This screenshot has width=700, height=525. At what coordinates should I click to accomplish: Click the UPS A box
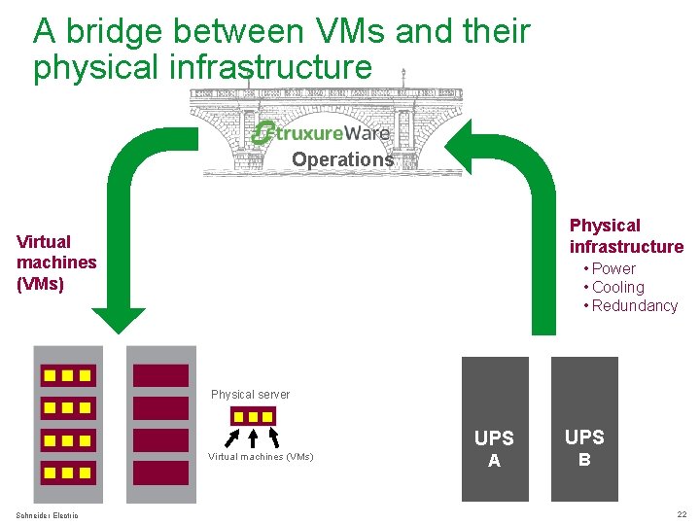(x=495, y=429)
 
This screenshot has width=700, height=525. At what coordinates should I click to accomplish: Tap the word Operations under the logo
(x=342, y=159)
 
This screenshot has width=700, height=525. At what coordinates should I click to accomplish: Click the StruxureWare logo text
(x=321, y=133)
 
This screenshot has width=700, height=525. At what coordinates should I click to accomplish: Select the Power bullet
(x=612, y=268)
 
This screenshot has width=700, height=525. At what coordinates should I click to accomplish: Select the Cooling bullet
(x=617, y=287)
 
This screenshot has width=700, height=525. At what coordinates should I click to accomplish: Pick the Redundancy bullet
(x=634, y=305)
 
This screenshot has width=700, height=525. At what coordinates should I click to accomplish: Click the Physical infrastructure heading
(x=626, y=236)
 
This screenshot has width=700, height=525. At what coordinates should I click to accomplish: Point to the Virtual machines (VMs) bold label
(x=56, y=262)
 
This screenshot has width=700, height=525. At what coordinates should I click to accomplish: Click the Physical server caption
(x=250, y=395)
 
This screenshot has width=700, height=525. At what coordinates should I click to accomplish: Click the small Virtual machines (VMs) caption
(x=261, y=456)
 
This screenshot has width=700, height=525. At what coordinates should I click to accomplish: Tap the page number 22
(x=682, y=514)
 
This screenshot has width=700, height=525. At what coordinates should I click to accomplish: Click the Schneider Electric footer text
(x=48, y=514)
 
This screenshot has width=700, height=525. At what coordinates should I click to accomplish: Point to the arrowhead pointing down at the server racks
(x=119, y=322)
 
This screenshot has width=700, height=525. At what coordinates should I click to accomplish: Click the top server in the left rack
(x=67, y=375)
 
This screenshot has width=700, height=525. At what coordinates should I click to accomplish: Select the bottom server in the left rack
(x=67, y=472)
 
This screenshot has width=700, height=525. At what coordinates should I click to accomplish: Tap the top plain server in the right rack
(x=159, y=375)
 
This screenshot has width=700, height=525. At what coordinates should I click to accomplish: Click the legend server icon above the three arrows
(x=253, y=416)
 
